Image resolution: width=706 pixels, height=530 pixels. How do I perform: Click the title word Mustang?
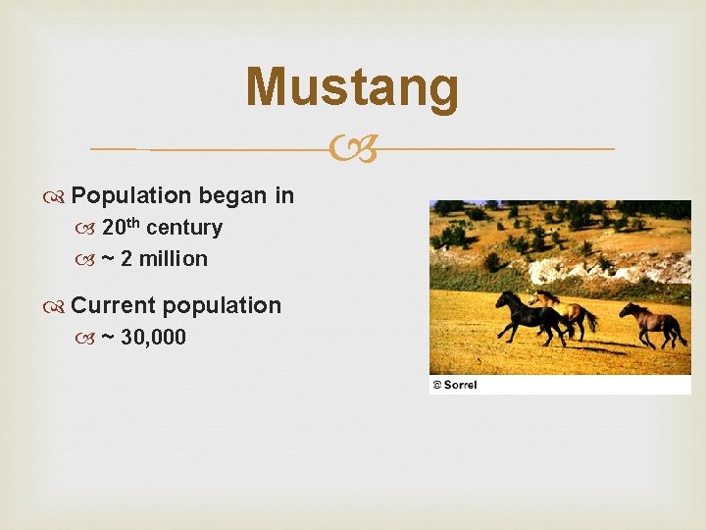pyautogui.click(x=352, y=87)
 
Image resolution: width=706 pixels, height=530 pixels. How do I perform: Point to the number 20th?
pyautogui.click(x=122, y=228)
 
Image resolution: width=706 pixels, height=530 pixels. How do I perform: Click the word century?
pyautogui.click(x=184, y=228)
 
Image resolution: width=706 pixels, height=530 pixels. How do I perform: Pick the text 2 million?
pyautogui.click(x=164, y=259)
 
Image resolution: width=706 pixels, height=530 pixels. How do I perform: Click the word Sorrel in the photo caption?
pyautogui.click(x=460, y=385)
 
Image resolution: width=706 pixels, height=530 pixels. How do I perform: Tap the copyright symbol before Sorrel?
pyautogui.click(x=437, y=385)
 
